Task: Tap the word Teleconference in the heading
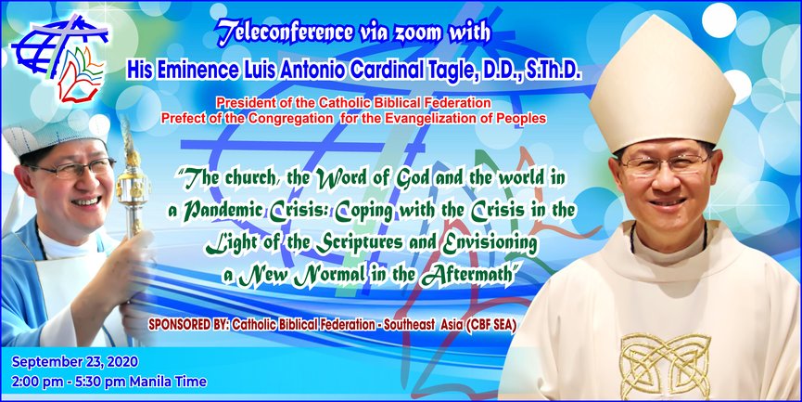[284, 32]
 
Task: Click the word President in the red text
[240, 103]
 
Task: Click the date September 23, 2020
[75, 362]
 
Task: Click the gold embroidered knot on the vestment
[665, 365]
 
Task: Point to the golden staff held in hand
[132, 185]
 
